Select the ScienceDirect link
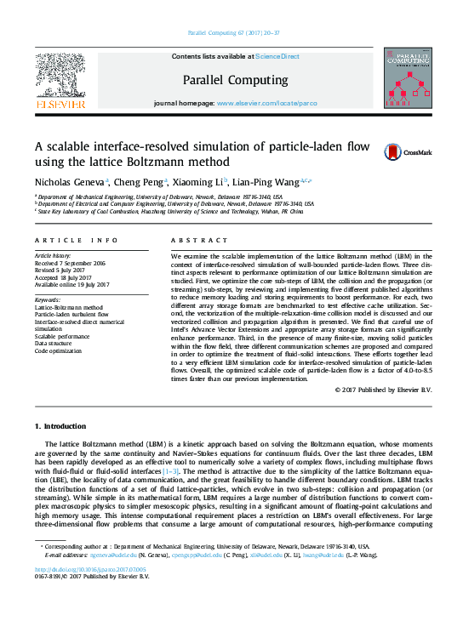pyautogui.click(x=277, y=56)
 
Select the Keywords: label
pyautogui.click(x=48, y=300)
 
